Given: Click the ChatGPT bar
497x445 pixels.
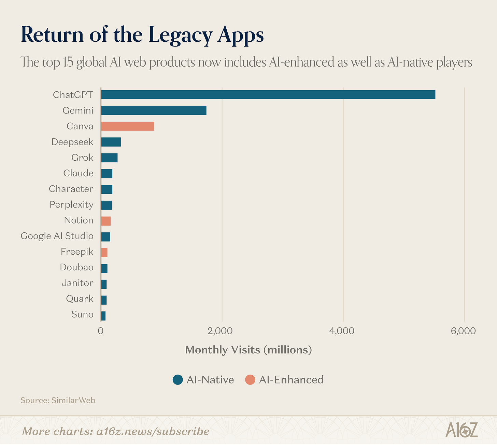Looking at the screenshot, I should (x=268, y=95).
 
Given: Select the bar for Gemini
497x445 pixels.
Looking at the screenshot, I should (x=154, y=110).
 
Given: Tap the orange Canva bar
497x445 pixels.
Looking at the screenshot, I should (x=128, y=126).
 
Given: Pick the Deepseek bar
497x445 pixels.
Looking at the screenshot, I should (x=111, y=142).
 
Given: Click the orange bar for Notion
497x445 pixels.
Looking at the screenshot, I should (x=106, y=221).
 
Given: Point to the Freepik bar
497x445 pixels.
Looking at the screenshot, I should (x=104, y=252).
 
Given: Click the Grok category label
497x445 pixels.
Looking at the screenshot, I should (x=82, y=158).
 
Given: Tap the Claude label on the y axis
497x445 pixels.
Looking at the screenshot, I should (x=78, y=173).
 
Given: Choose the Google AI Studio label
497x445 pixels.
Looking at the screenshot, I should (x=57, y=236).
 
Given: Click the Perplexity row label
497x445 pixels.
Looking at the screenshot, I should (x=71, y=205).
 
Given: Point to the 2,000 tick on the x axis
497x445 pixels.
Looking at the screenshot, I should (x=222, y=331).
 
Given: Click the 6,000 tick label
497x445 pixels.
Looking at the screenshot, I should (x=464, y=331).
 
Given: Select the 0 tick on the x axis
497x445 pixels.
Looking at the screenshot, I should (x=101, y=331).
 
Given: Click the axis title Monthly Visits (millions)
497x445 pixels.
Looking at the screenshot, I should (x=248, y=350).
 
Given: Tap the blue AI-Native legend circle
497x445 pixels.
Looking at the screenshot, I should (x=178, y=380).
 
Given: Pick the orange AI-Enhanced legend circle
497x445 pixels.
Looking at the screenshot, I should (x=250, y=380).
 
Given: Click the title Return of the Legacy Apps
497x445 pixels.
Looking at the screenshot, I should (x=142, y=35).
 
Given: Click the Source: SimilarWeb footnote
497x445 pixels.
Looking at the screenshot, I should (x=58, y=400).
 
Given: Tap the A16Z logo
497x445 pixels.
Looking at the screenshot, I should (x=461, y=430).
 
